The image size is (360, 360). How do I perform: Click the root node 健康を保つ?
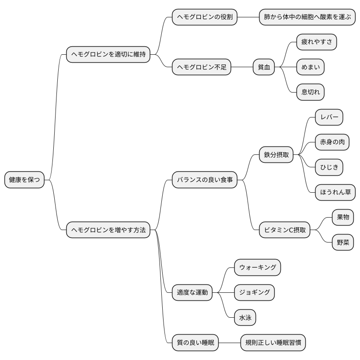click(24, 180)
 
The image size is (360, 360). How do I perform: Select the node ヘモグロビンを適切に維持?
click(108, 54)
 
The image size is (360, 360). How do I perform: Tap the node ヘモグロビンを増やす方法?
click(108, 230)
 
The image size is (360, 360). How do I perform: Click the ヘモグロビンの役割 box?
click(204, 17)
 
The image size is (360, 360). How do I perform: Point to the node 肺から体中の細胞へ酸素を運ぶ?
click(307, 17)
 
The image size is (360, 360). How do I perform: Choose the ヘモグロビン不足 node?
click(202, 67)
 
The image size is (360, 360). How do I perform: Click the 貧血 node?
click(264, 67)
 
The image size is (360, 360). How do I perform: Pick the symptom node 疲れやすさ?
click(316, 42)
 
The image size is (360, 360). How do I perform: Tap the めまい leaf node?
click(310, 67)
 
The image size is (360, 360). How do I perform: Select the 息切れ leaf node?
click(310, 92)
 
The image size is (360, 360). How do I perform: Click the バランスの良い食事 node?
click(204, 180)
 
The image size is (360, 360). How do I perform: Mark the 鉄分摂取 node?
click(276, 155)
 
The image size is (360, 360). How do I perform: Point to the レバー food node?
click(329, 117)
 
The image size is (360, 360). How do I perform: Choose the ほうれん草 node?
click(335, 192)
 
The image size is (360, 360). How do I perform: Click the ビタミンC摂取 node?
click(285, 230)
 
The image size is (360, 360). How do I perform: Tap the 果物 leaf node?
click(343, 217)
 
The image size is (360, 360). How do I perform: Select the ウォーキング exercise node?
click(258, 267)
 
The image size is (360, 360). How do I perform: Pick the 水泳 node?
click(245, 317)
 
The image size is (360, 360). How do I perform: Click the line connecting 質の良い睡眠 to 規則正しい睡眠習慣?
click(230, 343)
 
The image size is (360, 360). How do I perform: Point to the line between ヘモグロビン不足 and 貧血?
click(242, 67)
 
